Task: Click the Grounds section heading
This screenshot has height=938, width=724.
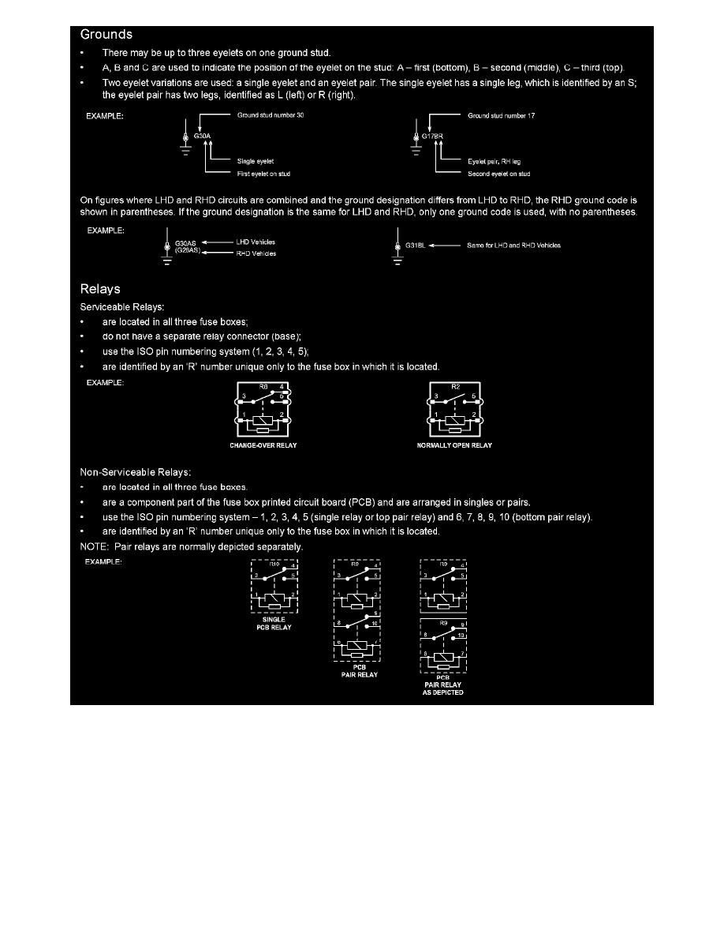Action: point(106,35)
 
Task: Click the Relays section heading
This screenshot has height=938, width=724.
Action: point(100,288)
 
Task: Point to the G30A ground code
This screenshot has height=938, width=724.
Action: point(203,136)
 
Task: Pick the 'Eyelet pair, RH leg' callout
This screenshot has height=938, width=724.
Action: point(494,161)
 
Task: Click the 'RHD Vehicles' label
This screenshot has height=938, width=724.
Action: point(256,253)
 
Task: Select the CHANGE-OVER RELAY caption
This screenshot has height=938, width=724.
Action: point(263,445)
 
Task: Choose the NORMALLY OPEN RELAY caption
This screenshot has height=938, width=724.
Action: point(454,445)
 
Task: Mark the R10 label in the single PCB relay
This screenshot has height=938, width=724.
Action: point(274,565)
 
